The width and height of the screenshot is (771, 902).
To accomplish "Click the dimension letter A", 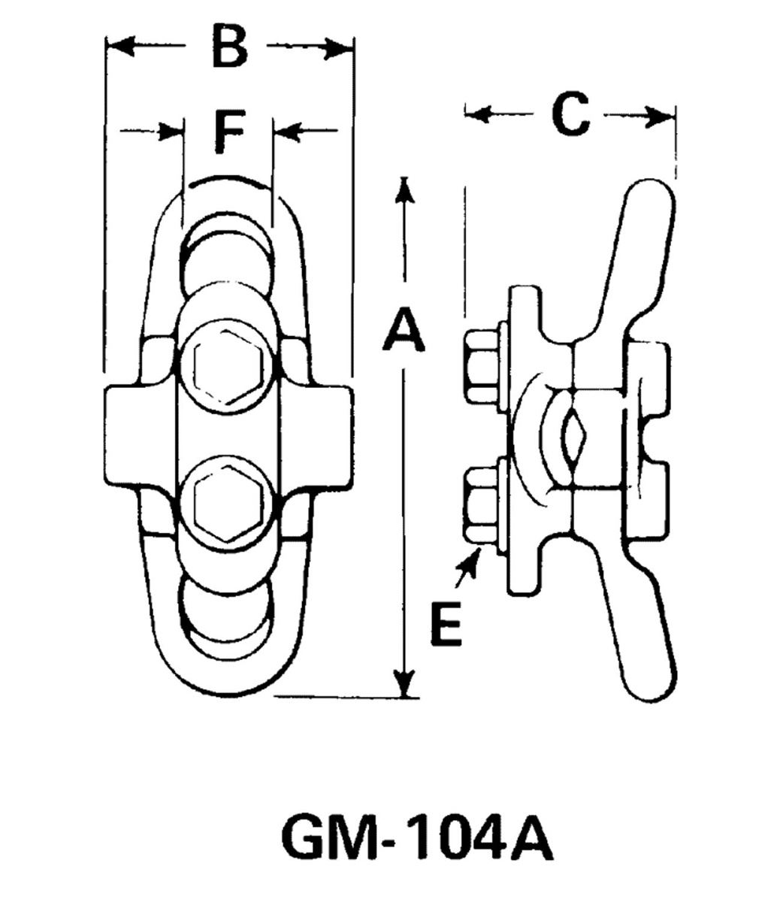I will [x=404, y=332].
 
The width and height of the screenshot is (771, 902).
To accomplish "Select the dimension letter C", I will [x=570, y=115].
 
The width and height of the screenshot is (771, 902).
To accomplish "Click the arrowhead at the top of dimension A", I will [x=405, y=188].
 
